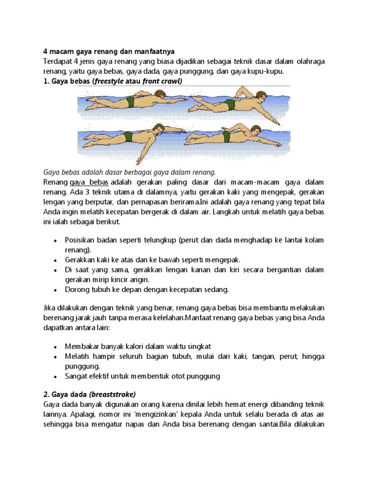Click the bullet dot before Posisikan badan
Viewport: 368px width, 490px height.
57,240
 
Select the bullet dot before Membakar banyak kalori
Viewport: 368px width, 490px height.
57,346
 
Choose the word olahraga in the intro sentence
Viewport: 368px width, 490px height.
306,61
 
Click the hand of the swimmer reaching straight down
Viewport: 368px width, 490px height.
138,161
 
